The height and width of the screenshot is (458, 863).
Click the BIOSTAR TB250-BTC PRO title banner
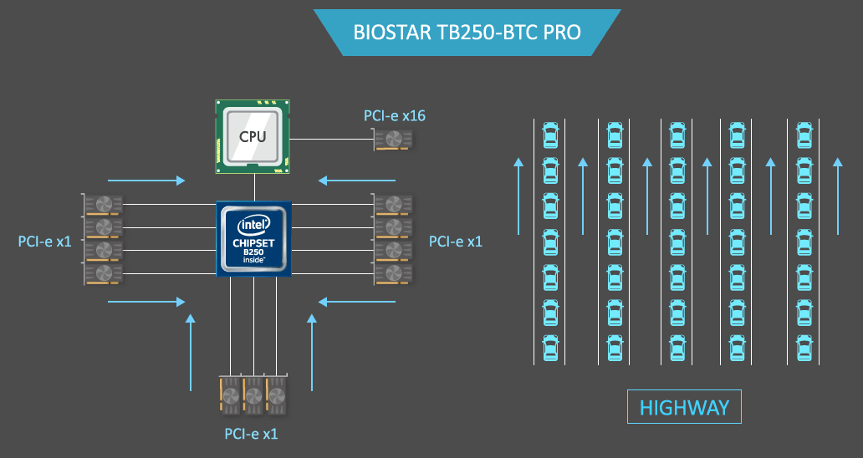click(x=467, y=33)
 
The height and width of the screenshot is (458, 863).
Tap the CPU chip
click(x=253, y=136)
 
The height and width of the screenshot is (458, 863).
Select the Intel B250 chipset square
click(x=253, y=239)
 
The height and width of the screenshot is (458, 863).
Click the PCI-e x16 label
click(x=394, y=115)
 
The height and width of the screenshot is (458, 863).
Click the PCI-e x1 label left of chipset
click(x=44, y=242)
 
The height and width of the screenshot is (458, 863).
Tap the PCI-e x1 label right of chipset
click(x=456, y=242)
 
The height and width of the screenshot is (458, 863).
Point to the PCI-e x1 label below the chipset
click(x=251, y=434)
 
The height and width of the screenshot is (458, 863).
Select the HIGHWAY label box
click(x=684, y=408)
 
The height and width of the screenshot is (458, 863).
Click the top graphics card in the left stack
click(x=104, y=205)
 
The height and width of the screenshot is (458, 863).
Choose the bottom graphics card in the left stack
click(x=104, y=272)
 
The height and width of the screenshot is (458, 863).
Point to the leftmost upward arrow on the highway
click(x=518, y=197)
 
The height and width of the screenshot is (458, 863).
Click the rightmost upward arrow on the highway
click(x=837, y=197)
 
